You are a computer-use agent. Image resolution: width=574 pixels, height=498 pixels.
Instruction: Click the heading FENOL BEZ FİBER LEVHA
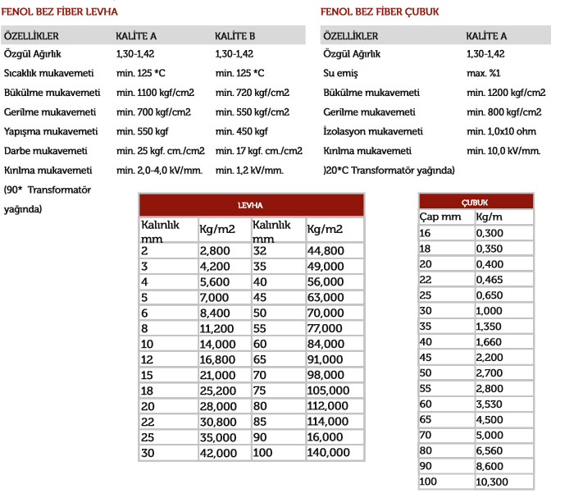coord(61,12)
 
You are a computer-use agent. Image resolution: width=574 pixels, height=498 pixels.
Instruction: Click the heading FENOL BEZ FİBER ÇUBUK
coord(380,12)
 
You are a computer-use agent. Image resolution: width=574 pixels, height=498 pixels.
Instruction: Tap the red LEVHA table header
coord(250,205)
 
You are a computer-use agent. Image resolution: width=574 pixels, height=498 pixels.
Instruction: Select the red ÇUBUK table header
coord(476,201)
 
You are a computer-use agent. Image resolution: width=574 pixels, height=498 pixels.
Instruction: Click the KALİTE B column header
coord(235,36)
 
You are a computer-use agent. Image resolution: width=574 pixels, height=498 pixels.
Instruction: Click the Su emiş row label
coord(344,74)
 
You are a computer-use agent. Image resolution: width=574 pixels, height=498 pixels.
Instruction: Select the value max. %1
coord(485,74)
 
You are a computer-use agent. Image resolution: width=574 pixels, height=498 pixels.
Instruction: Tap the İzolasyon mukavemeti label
coord(373,131)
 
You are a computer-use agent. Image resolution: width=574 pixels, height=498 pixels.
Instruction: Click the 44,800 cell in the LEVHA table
coord(326,250)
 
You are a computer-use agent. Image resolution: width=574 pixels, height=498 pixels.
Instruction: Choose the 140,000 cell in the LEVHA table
coord(329,453)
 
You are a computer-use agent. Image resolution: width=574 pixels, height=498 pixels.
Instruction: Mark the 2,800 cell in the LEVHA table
coord(215,250)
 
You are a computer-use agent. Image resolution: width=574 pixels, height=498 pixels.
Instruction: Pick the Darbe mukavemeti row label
coord(46,151)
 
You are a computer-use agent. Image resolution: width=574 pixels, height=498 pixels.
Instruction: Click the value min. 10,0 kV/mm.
coord(503,151)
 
